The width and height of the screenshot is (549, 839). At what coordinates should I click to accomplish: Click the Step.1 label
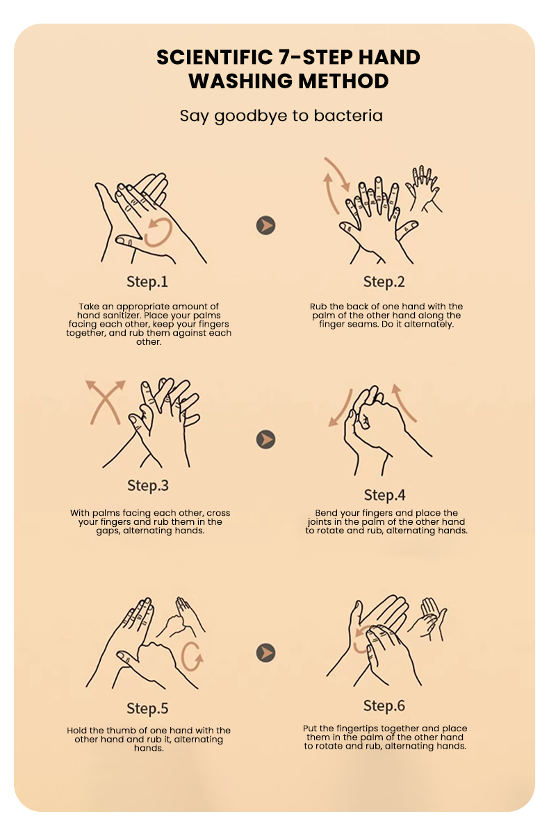[x=147, y=282]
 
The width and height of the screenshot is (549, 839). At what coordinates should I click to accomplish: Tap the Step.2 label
[x=384, y=282]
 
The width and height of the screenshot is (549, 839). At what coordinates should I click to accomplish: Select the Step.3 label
[x=148, y=485]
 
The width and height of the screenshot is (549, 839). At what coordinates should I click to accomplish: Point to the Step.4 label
[x=384, y=495]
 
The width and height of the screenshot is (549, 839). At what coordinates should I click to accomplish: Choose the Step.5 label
[x=147, y=708]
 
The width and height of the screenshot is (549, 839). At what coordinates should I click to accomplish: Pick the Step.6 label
[x=384, y=706]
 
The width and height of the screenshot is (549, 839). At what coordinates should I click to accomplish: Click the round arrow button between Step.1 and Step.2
[x=265, y=225]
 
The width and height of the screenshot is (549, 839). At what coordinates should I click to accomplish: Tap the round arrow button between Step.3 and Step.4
[x=265, y=439]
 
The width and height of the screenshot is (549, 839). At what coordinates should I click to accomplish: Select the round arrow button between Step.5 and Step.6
[x=265, y=653]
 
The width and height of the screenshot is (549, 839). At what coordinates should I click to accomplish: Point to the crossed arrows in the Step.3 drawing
[x=105, y=402]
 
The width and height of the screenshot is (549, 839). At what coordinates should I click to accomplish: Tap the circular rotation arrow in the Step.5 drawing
[x=183, y=655]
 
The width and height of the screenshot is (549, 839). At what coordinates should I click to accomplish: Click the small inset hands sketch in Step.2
[x=425, y=189]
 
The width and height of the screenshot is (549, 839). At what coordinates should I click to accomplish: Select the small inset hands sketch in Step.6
[x=427, y=619]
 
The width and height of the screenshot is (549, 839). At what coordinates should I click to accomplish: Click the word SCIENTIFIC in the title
[x=214, y=57]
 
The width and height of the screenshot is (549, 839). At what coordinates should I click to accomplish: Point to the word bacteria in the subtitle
[x=348, y=116]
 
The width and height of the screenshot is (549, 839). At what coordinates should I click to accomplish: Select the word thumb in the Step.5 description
[x=118, y=731]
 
